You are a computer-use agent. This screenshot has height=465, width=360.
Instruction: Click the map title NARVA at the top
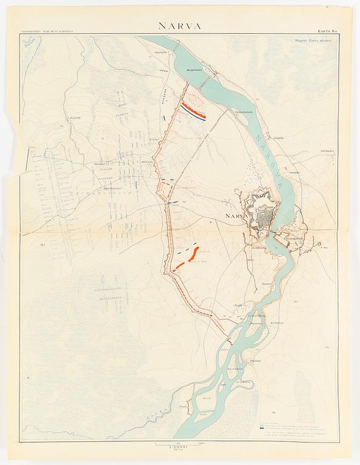[180, 25]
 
